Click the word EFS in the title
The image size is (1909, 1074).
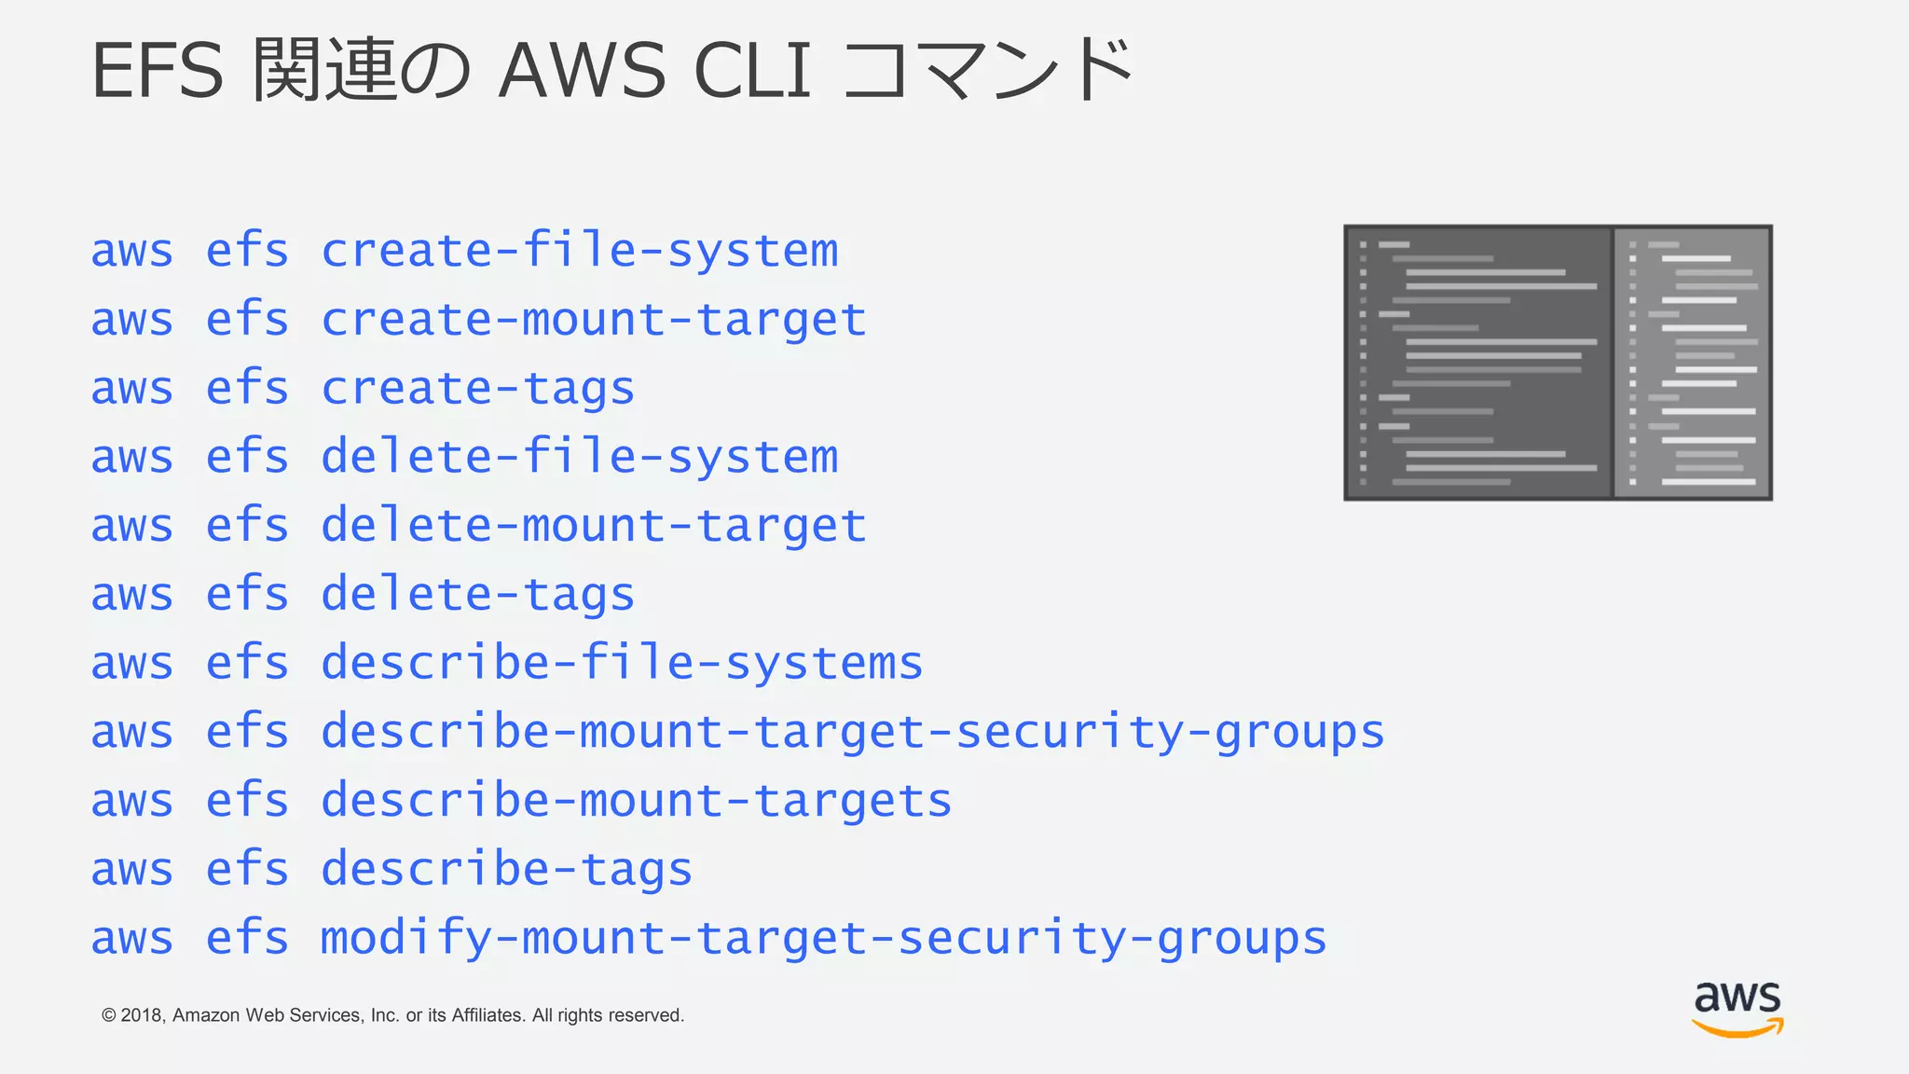[x=157, y=71]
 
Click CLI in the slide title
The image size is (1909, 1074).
[x=752, y=71]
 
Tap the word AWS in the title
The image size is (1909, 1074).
[x=582, y=71]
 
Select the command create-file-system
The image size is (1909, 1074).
[x=579, y=251]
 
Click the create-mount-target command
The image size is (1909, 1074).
[x=594, y=320]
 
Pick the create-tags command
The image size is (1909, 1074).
[x=477, y=389]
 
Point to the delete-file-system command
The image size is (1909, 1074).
[x=579, y=457]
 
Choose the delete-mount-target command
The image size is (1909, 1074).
[x=594, y=526]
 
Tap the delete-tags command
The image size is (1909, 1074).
[x=477, y=595]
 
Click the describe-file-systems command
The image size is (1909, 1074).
[x=622, y=663]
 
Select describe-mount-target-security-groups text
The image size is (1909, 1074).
[x=852, y=732]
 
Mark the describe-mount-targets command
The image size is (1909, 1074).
[x=636, y=801]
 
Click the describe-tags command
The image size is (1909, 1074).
[x=506, y=869]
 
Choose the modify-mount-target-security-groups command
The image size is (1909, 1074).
[x=823, y=938]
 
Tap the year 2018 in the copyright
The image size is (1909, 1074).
[x=142, y=1015]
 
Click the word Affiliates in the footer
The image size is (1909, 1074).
[x=488, y=1015]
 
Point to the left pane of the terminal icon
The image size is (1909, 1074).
[x=1478, y=363]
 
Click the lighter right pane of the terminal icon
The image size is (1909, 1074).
[x=1693, y=363]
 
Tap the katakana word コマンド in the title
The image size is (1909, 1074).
[x=988, y=71]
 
